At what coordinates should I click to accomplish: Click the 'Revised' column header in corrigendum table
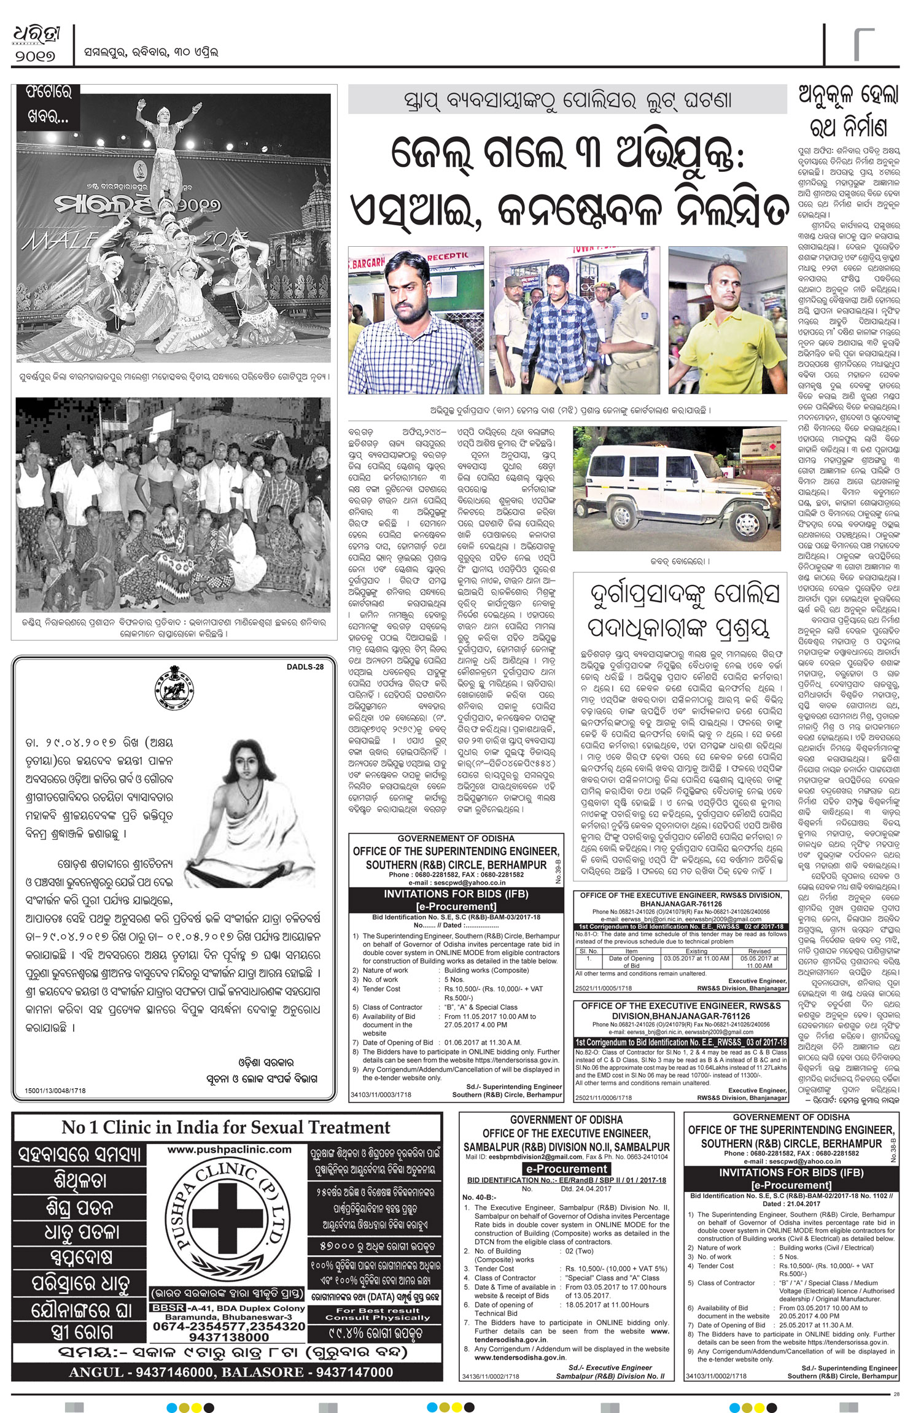(759, 951)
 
